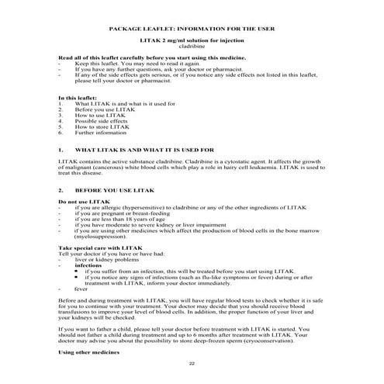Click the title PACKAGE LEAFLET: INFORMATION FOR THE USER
click(x=192, y=29)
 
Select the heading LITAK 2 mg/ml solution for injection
click(x=192, y=41)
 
